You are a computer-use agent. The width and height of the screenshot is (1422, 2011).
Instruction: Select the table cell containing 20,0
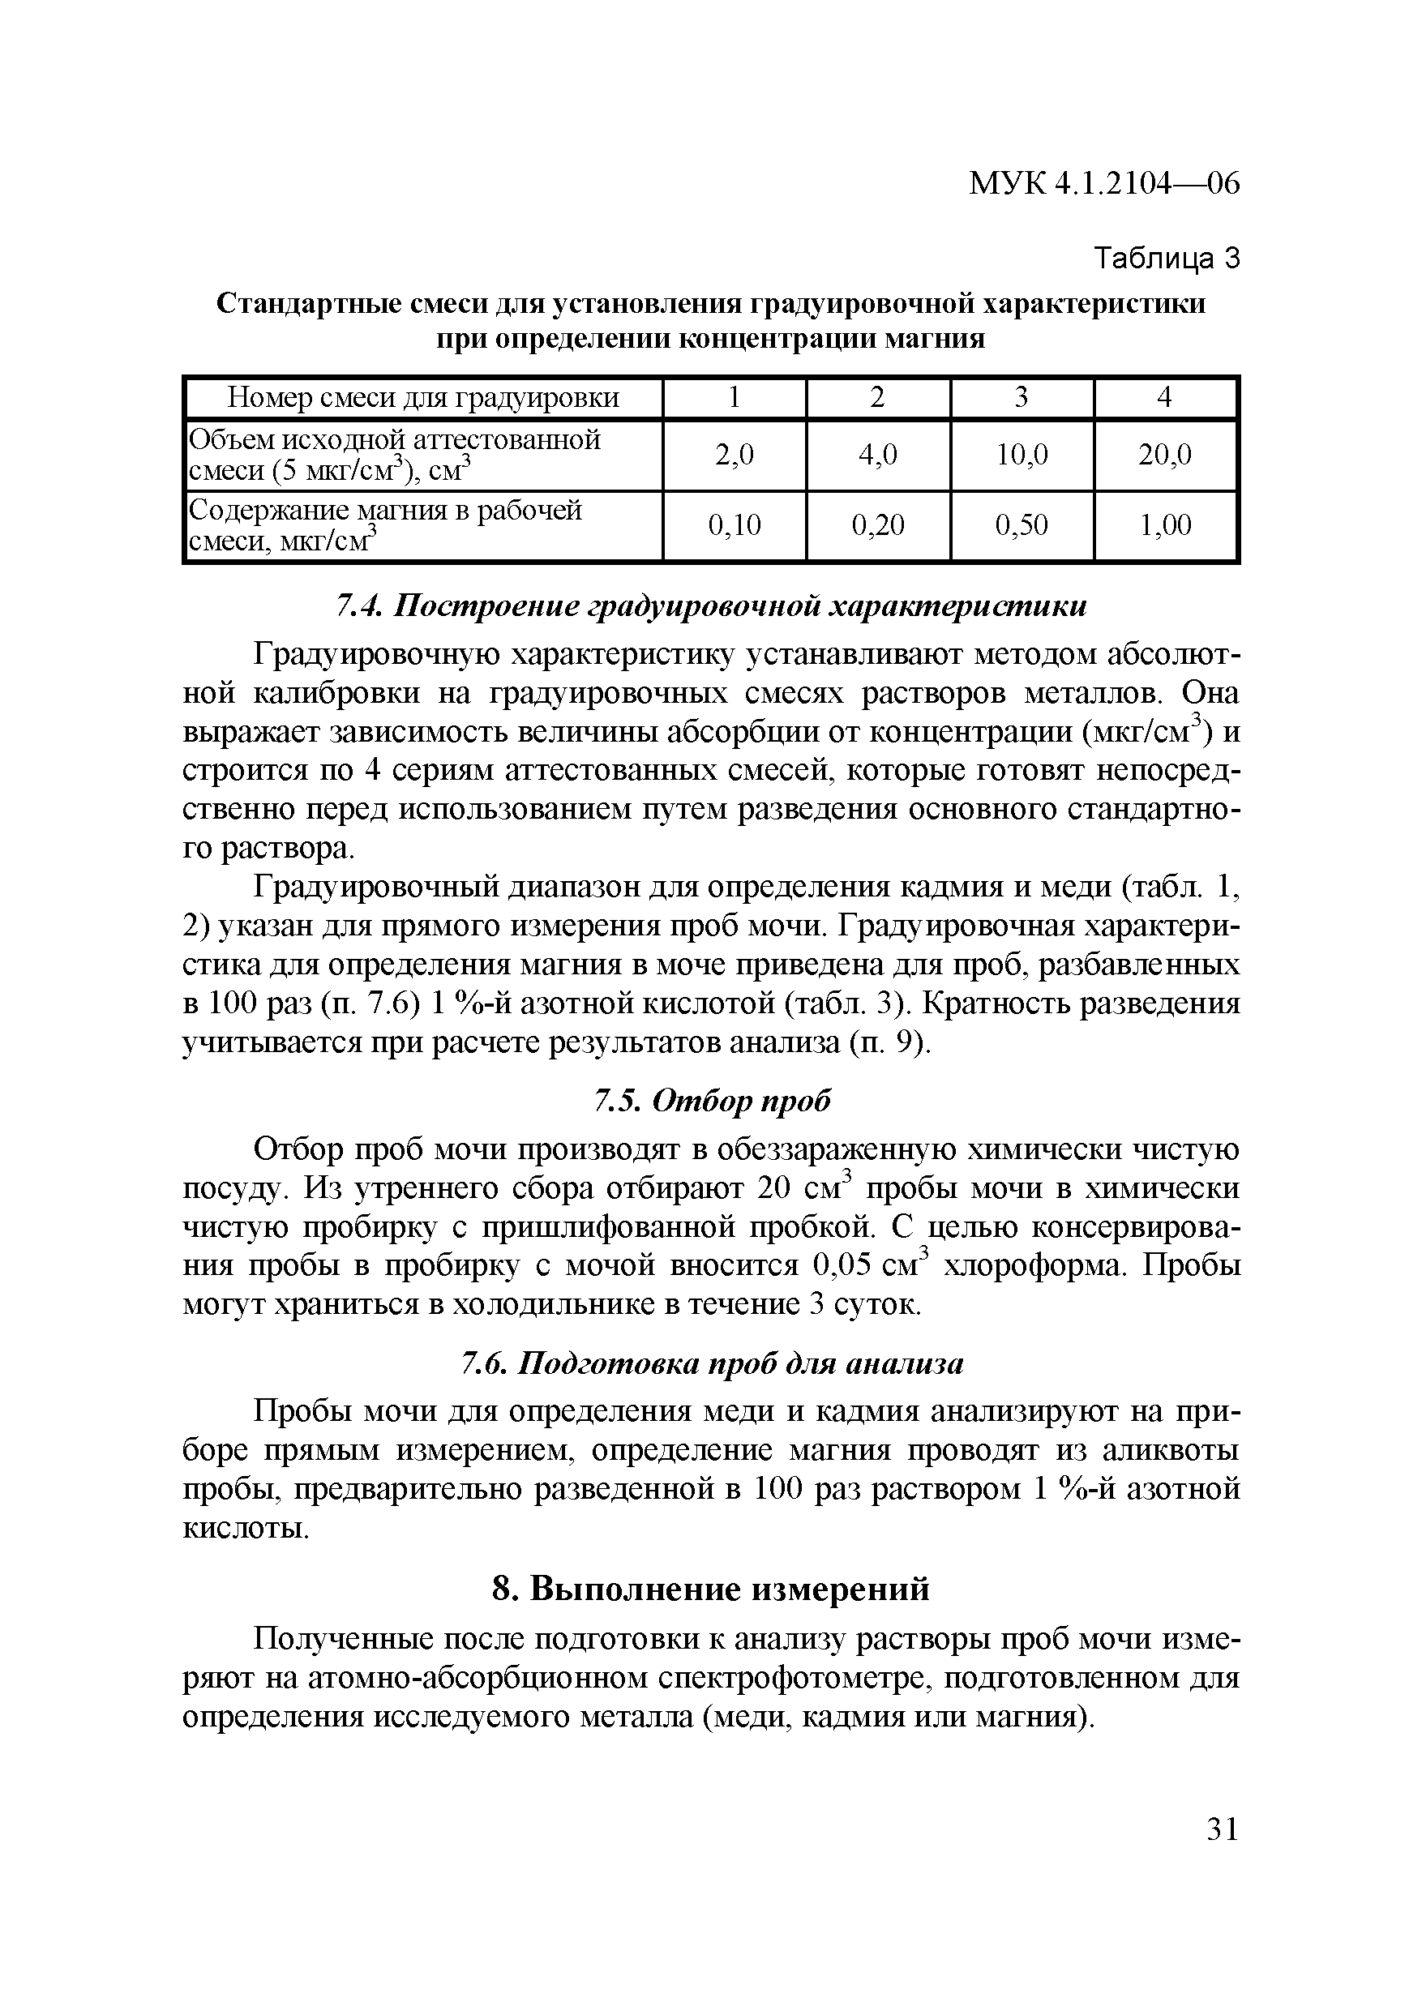(x=1164, y=455)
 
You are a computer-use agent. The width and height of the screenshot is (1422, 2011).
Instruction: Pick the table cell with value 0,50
(x=1021, y=524)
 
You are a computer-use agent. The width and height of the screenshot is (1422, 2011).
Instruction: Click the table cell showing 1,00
(x=1164, y=524)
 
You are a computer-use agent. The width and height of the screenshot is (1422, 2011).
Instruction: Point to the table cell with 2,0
(x=734, y=455)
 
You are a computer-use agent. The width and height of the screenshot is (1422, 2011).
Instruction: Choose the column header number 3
(x=1021, y=398)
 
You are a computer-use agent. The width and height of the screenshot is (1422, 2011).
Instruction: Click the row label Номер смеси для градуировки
(x=423, y=398)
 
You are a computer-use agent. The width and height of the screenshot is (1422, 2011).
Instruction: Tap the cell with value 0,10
(x=734, y=524)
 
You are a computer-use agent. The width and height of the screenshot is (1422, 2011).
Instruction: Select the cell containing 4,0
(x=877, y=455)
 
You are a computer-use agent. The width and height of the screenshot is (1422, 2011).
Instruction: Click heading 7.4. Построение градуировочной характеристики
(x=712, y=606)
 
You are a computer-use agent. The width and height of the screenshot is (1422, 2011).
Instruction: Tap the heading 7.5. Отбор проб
(x=712, y=1100)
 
